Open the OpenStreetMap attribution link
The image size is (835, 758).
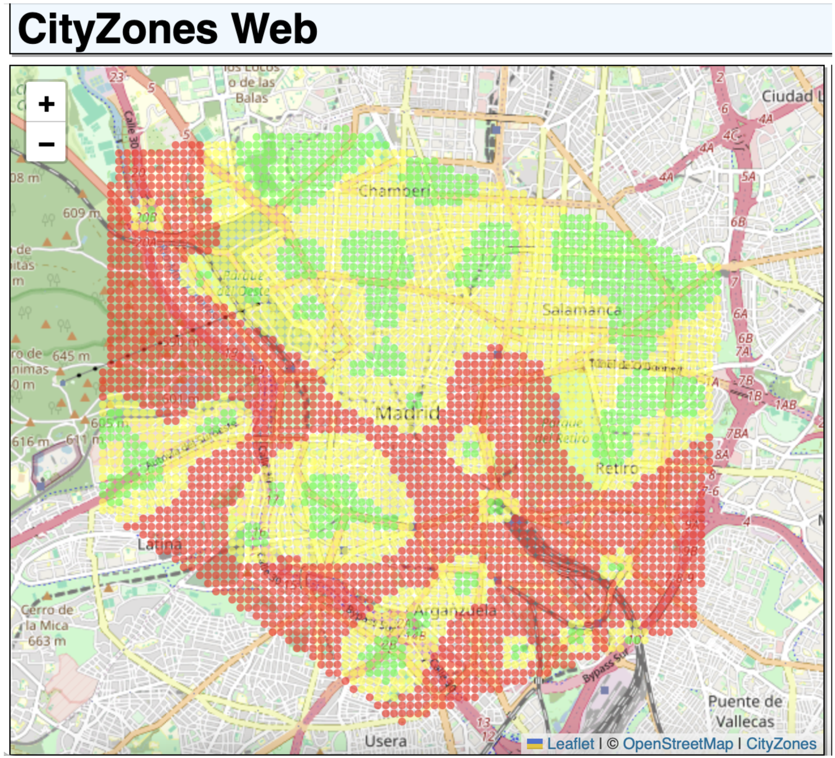click(678, 744)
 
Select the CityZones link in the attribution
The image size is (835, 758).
click(781, 744)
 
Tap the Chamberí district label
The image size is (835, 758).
click(394, 191)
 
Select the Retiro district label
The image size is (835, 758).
click(616, 468)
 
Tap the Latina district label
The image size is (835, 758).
click(159, 544)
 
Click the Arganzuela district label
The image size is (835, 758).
click(455, 611)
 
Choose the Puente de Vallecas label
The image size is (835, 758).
click(745, 712)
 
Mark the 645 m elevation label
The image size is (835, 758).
click(71, 355)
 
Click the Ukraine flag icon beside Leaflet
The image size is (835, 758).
click(534, 744)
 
